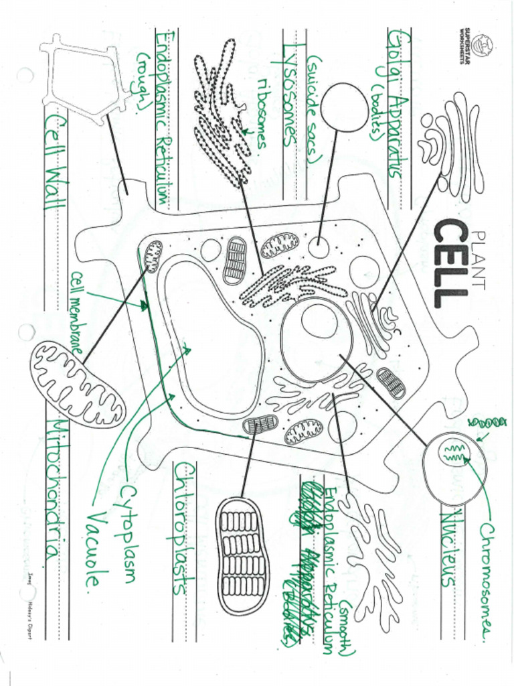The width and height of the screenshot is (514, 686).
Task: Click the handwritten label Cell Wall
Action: click(x=56, y=161)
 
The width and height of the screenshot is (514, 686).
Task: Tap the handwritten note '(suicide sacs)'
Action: click(x=315, y=111)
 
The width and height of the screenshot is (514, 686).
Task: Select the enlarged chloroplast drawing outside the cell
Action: click(x=242, y=555)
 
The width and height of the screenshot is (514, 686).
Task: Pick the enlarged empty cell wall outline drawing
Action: click(x=83, y=78)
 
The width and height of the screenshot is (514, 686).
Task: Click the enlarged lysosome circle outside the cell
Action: click(x=343, y=107)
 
